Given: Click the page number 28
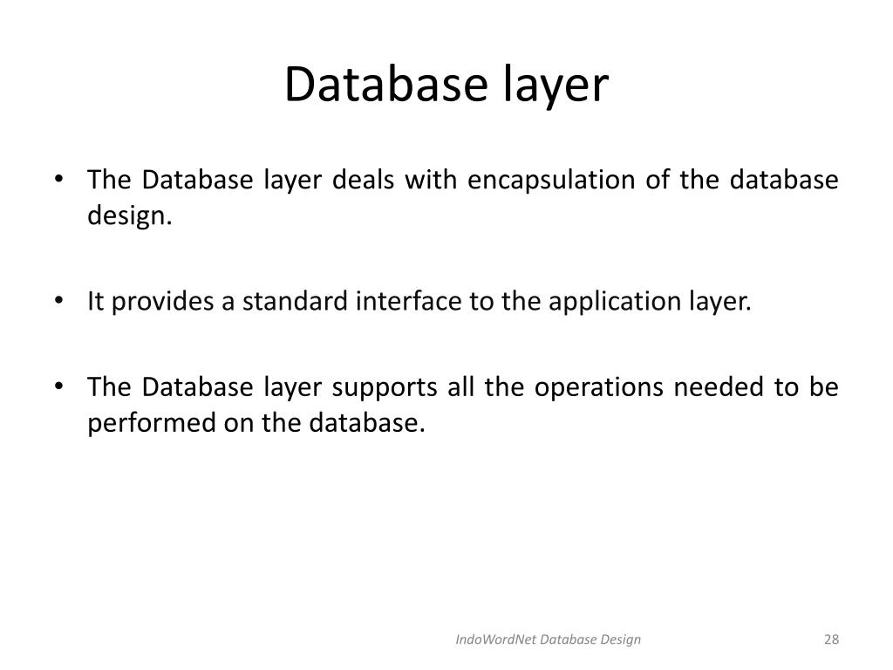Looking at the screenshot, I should pos(830,639).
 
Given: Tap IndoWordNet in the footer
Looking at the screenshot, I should pos(495,639).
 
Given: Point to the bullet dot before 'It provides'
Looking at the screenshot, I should pos(58,302).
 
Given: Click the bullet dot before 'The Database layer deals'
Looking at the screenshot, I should pos(58,181).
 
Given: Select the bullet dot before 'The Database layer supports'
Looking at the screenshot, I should pos(58,387).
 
